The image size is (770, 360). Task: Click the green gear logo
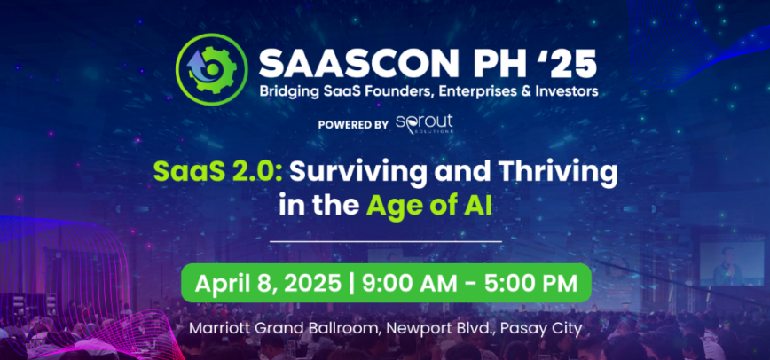coord(212,69)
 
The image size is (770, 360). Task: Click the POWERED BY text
coord(353,125)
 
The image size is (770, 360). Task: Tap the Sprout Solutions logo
coord(424,124)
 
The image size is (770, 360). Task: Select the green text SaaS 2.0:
coord(217,172)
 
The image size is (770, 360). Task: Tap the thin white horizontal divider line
coord(386,242)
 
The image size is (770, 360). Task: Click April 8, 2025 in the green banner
coord(268,284)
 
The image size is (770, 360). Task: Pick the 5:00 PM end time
coord(532,284)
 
